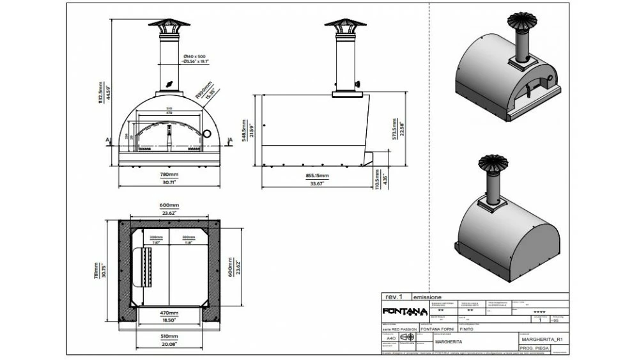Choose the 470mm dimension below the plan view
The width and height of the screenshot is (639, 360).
coord(169,313)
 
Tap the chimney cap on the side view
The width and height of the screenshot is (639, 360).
coord(346,24)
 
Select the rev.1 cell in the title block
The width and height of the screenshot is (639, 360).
coord(395,297)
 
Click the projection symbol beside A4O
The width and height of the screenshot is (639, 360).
coord(406,338)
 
